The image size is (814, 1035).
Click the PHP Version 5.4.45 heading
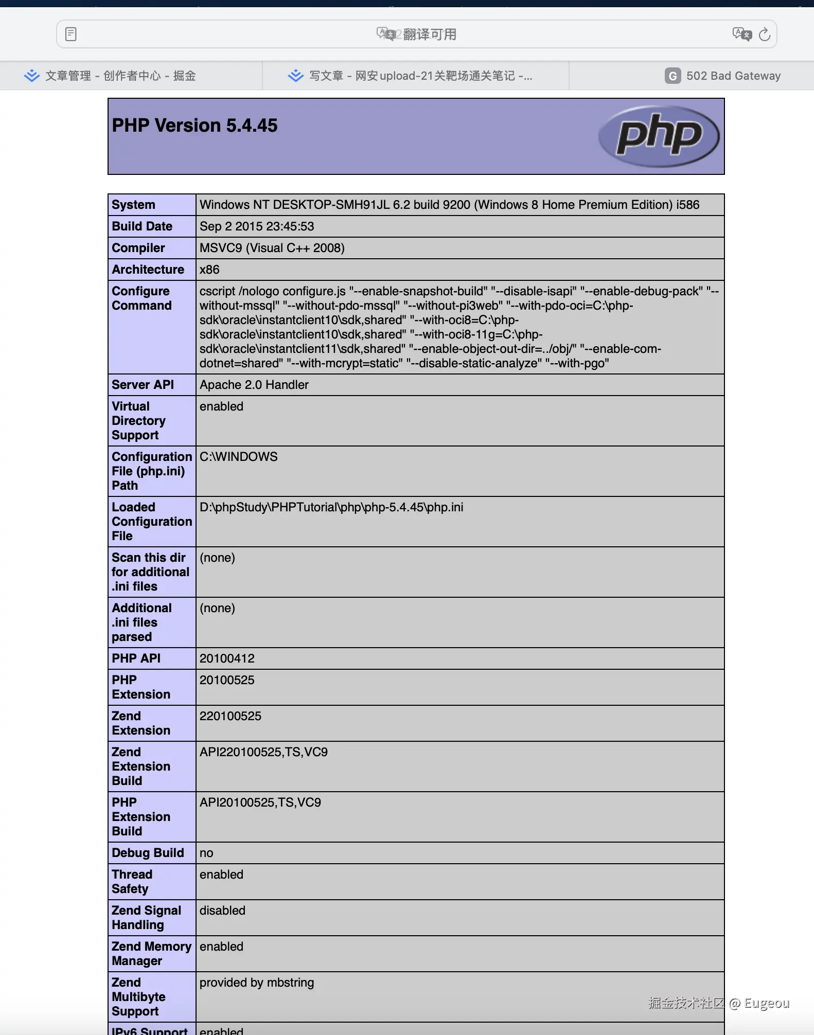point(194,126)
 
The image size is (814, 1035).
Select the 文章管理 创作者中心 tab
point(110,76)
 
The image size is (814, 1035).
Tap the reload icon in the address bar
point(765,34)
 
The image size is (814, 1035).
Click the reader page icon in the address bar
point(71,34)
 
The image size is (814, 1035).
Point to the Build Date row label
point(142,226)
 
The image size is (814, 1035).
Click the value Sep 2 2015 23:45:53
point(257,226)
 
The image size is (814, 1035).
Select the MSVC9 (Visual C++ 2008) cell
point(272,248)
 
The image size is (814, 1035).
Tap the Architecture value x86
point(209,270)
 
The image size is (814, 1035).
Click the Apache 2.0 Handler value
point(254,385)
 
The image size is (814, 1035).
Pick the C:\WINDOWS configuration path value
point(238,457)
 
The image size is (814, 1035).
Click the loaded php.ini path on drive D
point(331,507)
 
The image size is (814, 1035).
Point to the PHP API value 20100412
point(227,658)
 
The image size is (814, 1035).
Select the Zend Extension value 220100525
point(230,716)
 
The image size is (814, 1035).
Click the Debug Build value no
point(206,853)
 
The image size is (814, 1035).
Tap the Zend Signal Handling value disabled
point(222,911)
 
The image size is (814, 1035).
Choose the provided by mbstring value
point(256,983)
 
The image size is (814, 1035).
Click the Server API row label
point(143,385)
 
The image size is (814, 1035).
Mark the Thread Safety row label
point(132,882)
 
